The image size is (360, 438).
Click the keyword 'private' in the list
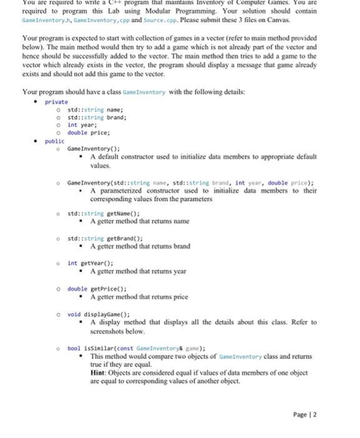click(x=56, y=101)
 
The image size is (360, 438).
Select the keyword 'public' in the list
click(x=54, y=141)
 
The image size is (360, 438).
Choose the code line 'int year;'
click(x=81, y=125)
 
